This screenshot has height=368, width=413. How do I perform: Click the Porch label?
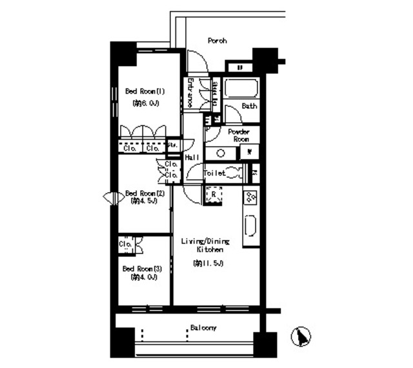(217, 41)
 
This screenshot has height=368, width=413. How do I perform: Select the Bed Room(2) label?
(145, 193)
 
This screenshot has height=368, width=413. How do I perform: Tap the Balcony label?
(202, 328)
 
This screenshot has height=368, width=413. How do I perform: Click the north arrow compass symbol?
(300, 336)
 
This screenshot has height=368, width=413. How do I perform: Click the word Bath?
(249, 105)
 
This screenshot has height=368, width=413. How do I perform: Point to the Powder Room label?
(240, 135)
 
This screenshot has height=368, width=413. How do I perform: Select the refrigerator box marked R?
(213, 195)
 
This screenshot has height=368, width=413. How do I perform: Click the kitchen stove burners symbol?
(250, 197)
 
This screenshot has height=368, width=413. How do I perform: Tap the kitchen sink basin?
(250, 227)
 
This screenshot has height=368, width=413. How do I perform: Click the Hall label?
(191, 157)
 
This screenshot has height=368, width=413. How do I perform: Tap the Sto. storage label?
(172, 146)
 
